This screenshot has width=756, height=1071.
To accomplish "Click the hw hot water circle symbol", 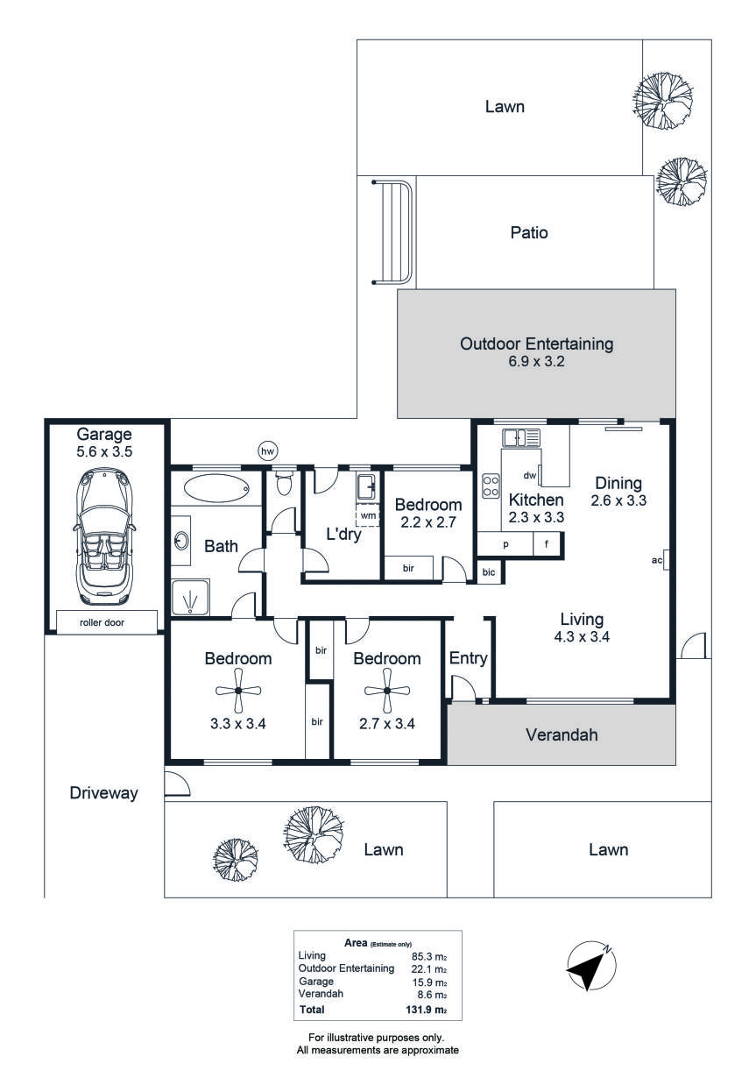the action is [267, 450].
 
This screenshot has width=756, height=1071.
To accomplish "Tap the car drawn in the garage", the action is [103, 536].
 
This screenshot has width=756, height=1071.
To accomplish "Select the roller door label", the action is [102, 622].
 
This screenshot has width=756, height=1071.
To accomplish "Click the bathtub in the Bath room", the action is [217, 488].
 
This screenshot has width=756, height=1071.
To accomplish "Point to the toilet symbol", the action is [283, 484].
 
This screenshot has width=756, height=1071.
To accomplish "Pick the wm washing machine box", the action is [367, 515].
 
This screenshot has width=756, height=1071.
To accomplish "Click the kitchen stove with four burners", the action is [491, 486].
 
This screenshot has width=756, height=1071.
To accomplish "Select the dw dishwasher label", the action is [529, 475].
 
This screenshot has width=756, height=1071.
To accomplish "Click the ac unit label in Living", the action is [657, 560].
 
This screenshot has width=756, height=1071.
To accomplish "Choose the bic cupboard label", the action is [489, 572].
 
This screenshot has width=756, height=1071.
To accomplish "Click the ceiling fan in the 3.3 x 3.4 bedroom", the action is [238, 691].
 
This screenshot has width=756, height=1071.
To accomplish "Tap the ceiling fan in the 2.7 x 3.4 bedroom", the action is [387, 691].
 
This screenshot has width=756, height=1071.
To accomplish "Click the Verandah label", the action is [562, 734].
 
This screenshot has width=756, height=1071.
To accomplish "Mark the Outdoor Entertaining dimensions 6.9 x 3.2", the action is [536, 361].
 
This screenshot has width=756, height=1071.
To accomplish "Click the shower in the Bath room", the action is [190, 597].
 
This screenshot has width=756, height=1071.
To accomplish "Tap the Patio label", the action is [529, 233].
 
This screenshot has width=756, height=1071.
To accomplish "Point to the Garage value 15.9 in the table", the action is [429, 983].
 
